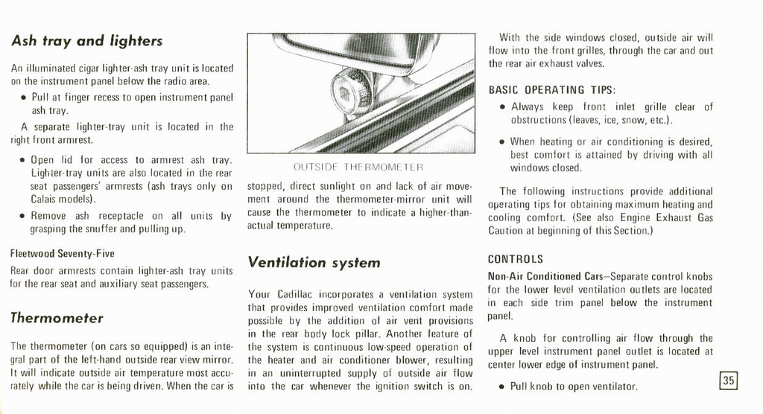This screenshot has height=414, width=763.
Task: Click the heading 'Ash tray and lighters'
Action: [86, 42]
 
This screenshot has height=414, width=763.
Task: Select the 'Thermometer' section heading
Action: [57, 318]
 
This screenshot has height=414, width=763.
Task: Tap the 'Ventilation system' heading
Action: [314, 262]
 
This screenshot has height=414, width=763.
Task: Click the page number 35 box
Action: [728, 380]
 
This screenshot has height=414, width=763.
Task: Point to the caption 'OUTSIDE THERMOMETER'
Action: [359, 167]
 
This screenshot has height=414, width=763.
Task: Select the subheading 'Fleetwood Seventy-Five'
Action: [51, 254]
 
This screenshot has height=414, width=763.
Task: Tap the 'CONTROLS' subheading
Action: [516, 260]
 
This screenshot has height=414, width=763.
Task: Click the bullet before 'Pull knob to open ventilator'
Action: [502, 387]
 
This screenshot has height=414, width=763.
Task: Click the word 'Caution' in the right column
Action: [506, 231]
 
